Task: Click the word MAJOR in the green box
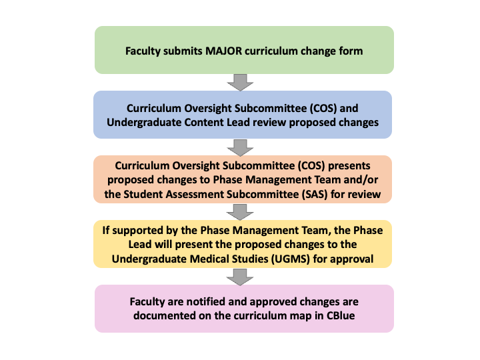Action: [224, 51]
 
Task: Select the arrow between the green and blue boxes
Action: [240, 83]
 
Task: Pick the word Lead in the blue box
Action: [238, 123]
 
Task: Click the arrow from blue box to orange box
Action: [240, 148]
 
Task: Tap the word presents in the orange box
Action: [349, 166]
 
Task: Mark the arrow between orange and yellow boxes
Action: [240, 213]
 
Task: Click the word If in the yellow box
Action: [106, 230]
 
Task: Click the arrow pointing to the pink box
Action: [240, 277]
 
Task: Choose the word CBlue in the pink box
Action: [341, 315]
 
